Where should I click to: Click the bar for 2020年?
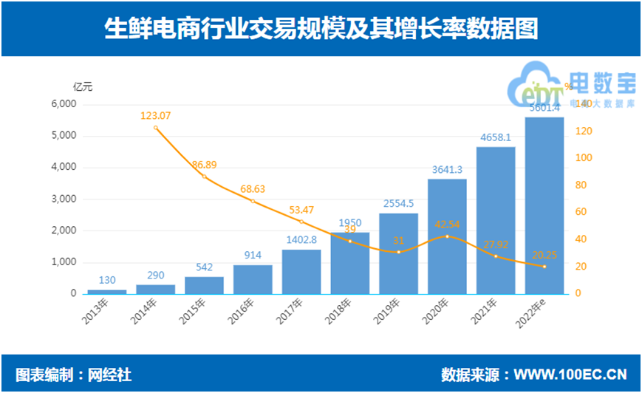[447, 236]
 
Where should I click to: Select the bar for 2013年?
[107, 291]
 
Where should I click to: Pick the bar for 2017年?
[301, 272]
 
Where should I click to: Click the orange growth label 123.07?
[155, 115]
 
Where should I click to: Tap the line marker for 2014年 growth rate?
[156, 128]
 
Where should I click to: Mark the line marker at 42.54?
[447, 236]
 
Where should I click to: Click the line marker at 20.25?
[544, 266]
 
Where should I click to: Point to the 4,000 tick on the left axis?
[64, 167]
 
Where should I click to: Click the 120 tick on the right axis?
[583, 131]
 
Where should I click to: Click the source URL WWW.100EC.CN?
[570, 373]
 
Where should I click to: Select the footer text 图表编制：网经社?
[73, 373]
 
